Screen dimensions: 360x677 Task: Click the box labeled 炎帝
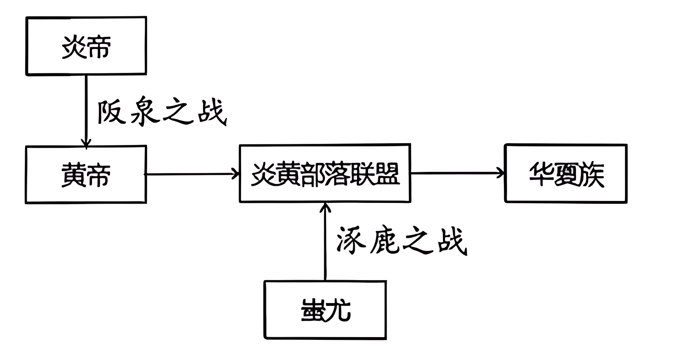pyautogui.click(x=86, y=46)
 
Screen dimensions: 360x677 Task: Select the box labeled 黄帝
pyautogui.click(x=86, y=175)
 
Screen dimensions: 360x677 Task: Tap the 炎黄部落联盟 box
pyautogui.click(x=325, y=173)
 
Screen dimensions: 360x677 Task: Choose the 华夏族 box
pyautogui.click(x=566, y=173)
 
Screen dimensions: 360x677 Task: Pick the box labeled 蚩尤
pyautogui.click(x=325, y=310)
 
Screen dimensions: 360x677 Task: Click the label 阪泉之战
pyautogui.click(x=161, y=112)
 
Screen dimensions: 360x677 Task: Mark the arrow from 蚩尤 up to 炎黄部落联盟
pyautogui.click(x=325, y=241)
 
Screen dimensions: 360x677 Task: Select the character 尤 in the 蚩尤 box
pyautogui.click(x=338, y=310)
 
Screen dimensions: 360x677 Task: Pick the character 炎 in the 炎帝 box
pyautogui.click(x=74, y=47)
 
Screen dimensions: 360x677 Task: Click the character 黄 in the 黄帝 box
pyautogui.click(x=74, y=175)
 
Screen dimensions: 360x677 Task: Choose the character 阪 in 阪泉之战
pyautogui.click(x=111, y=112)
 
